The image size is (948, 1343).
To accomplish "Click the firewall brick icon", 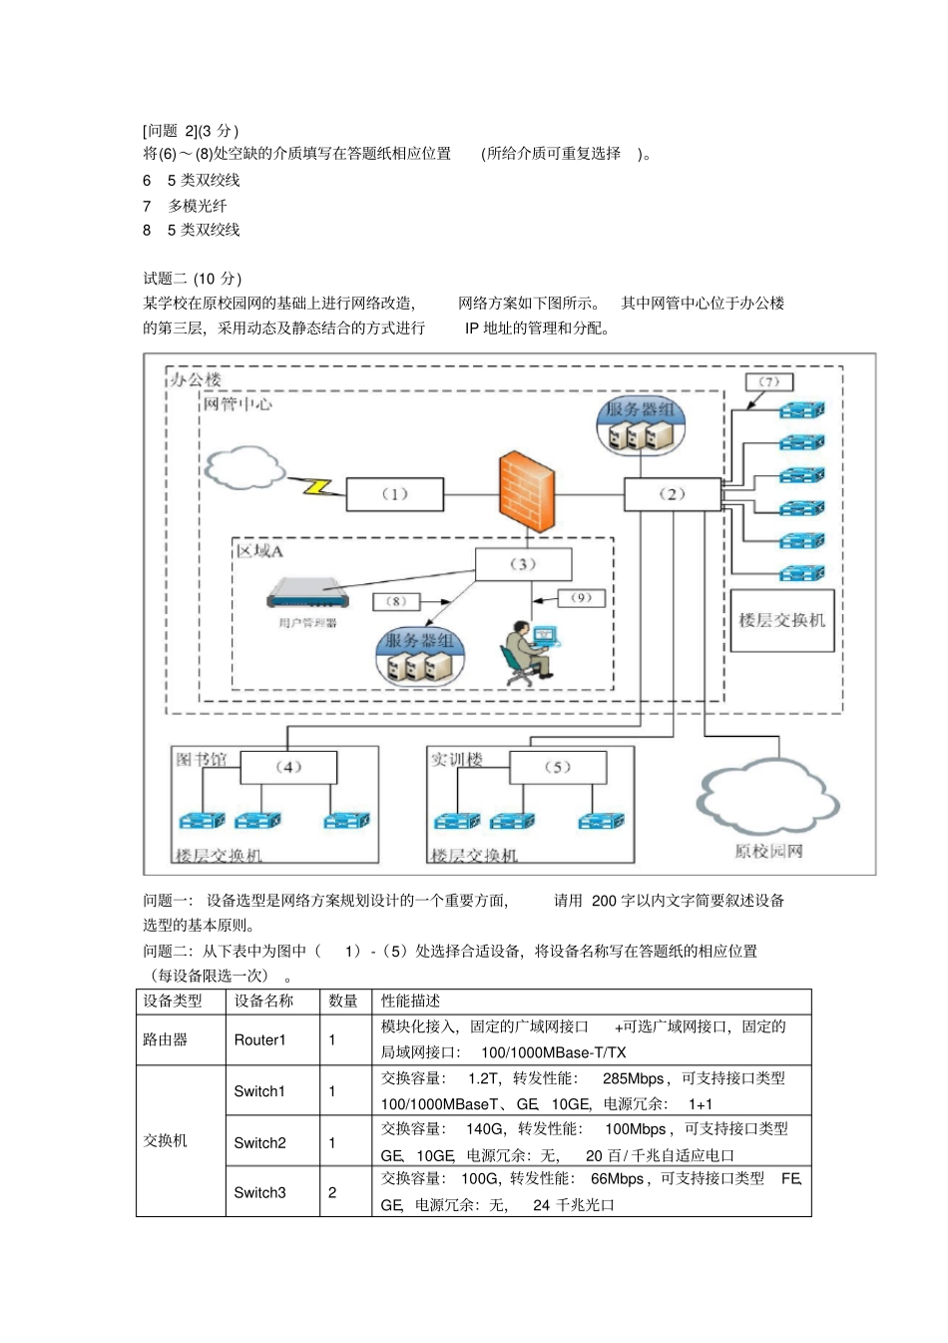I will (526, 487).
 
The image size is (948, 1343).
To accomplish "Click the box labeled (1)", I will (395, 494).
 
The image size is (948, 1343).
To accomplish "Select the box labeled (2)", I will (672, 494).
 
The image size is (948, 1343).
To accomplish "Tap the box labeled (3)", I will (523, 564).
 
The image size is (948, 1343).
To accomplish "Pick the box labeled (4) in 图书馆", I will (288, 767).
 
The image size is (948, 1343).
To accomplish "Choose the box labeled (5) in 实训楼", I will (557, 767).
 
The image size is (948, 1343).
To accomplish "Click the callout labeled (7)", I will (768, 381).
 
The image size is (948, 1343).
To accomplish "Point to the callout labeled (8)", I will (396, 601).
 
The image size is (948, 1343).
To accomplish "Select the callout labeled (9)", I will (581, 598).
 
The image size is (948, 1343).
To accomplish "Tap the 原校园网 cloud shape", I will (766, 799).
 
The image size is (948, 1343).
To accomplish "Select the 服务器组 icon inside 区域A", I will (420, 657).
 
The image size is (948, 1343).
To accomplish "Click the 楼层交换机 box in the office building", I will (781, 620).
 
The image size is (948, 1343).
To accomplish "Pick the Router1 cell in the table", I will (260, 1039).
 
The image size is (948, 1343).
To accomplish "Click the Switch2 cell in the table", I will (260, 1142).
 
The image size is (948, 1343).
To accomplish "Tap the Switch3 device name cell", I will (260, 1192).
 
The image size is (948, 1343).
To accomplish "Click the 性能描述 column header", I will (410, 1001).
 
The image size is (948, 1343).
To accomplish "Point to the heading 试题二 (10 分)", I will (193, 279).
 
